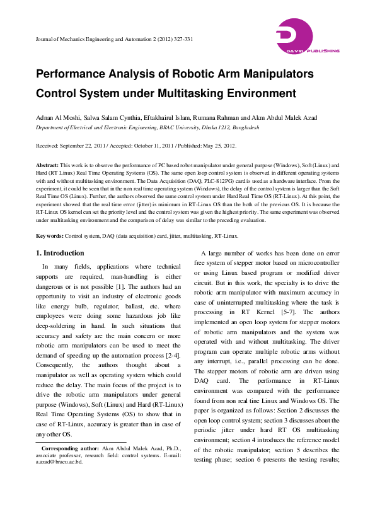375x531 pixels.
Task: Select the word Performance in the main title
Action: click(72, 74)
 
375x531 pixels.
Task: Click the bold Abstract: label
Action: click(47, 164)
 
